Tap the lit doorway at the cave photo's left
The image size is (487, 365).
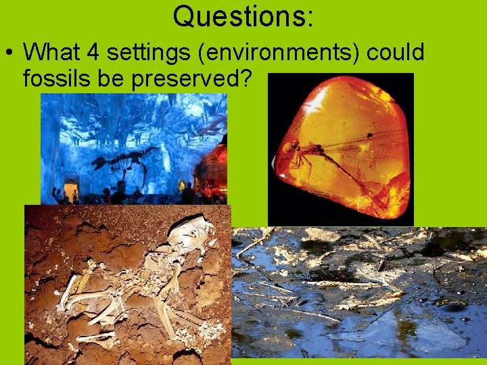click(x=71, y=188)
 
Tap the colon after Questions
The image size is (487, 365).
click(x=310, y=19)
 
